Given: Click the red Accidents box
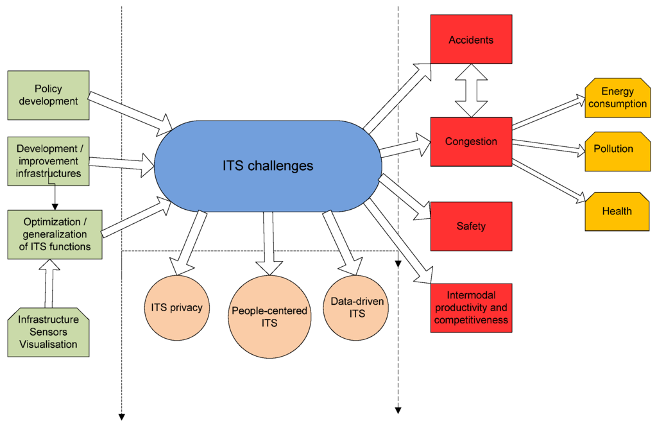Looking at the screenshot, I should click(471, 39).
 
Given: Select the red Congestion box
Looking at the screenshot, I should click(471, 141).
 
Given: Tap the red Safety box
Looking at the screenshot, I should click(471, 226).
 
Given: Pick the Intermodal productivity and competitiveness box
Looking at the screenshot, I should click(471, 308).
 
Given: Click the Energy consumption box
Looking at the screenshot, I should click(617, 98).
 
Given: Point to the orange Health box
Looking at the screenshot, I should click(617, 211).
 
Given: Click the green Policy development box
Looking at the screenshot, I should click(48, 95).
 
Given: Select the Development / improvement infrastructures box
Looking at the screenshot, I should click(48, 161).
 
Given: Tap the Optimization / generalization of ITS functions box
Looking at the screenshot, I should click(48, 234).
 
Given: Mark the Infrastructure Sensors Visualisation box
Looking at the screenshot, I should click(48, 332).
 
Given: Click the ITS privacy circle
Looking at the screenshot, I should click(176, 307).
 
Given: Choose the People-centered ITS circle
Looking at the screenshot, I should click(269, 316).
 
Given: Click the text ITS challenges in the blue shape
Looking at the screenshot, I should click(268, 166).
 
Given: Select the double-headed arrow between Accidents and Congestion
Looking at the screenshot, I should click(472, 90).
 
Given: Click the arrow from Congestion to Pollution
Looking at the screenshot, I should click(549, 147).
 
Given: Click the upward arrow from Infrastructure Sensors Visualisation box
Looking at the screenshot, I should click(50, 283).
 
